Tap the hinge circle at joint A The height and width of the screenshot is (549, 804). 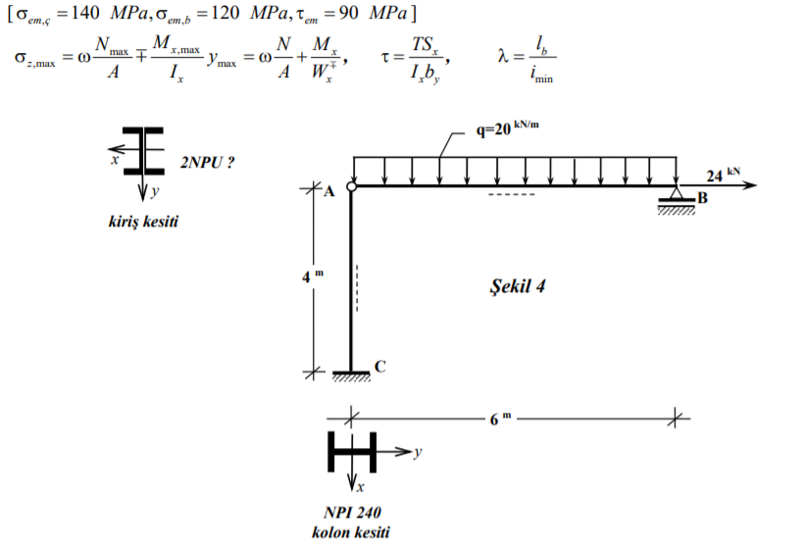[351, 184]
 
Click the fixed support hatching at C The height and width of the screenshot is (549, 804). [351, 376]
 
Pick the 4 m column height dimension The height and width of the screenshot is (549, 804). [310, 275]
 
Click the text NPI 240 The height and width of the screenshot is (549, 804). [351, 512]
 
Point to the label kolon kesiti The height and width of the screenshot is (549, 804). [351, 532]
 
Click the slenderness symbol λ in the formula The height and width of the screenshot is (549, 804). [504, 58]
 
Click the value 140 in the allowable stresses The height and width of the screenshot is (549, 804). [87, 14]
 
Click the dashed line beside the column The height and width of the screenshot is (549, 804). [357, 288]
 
